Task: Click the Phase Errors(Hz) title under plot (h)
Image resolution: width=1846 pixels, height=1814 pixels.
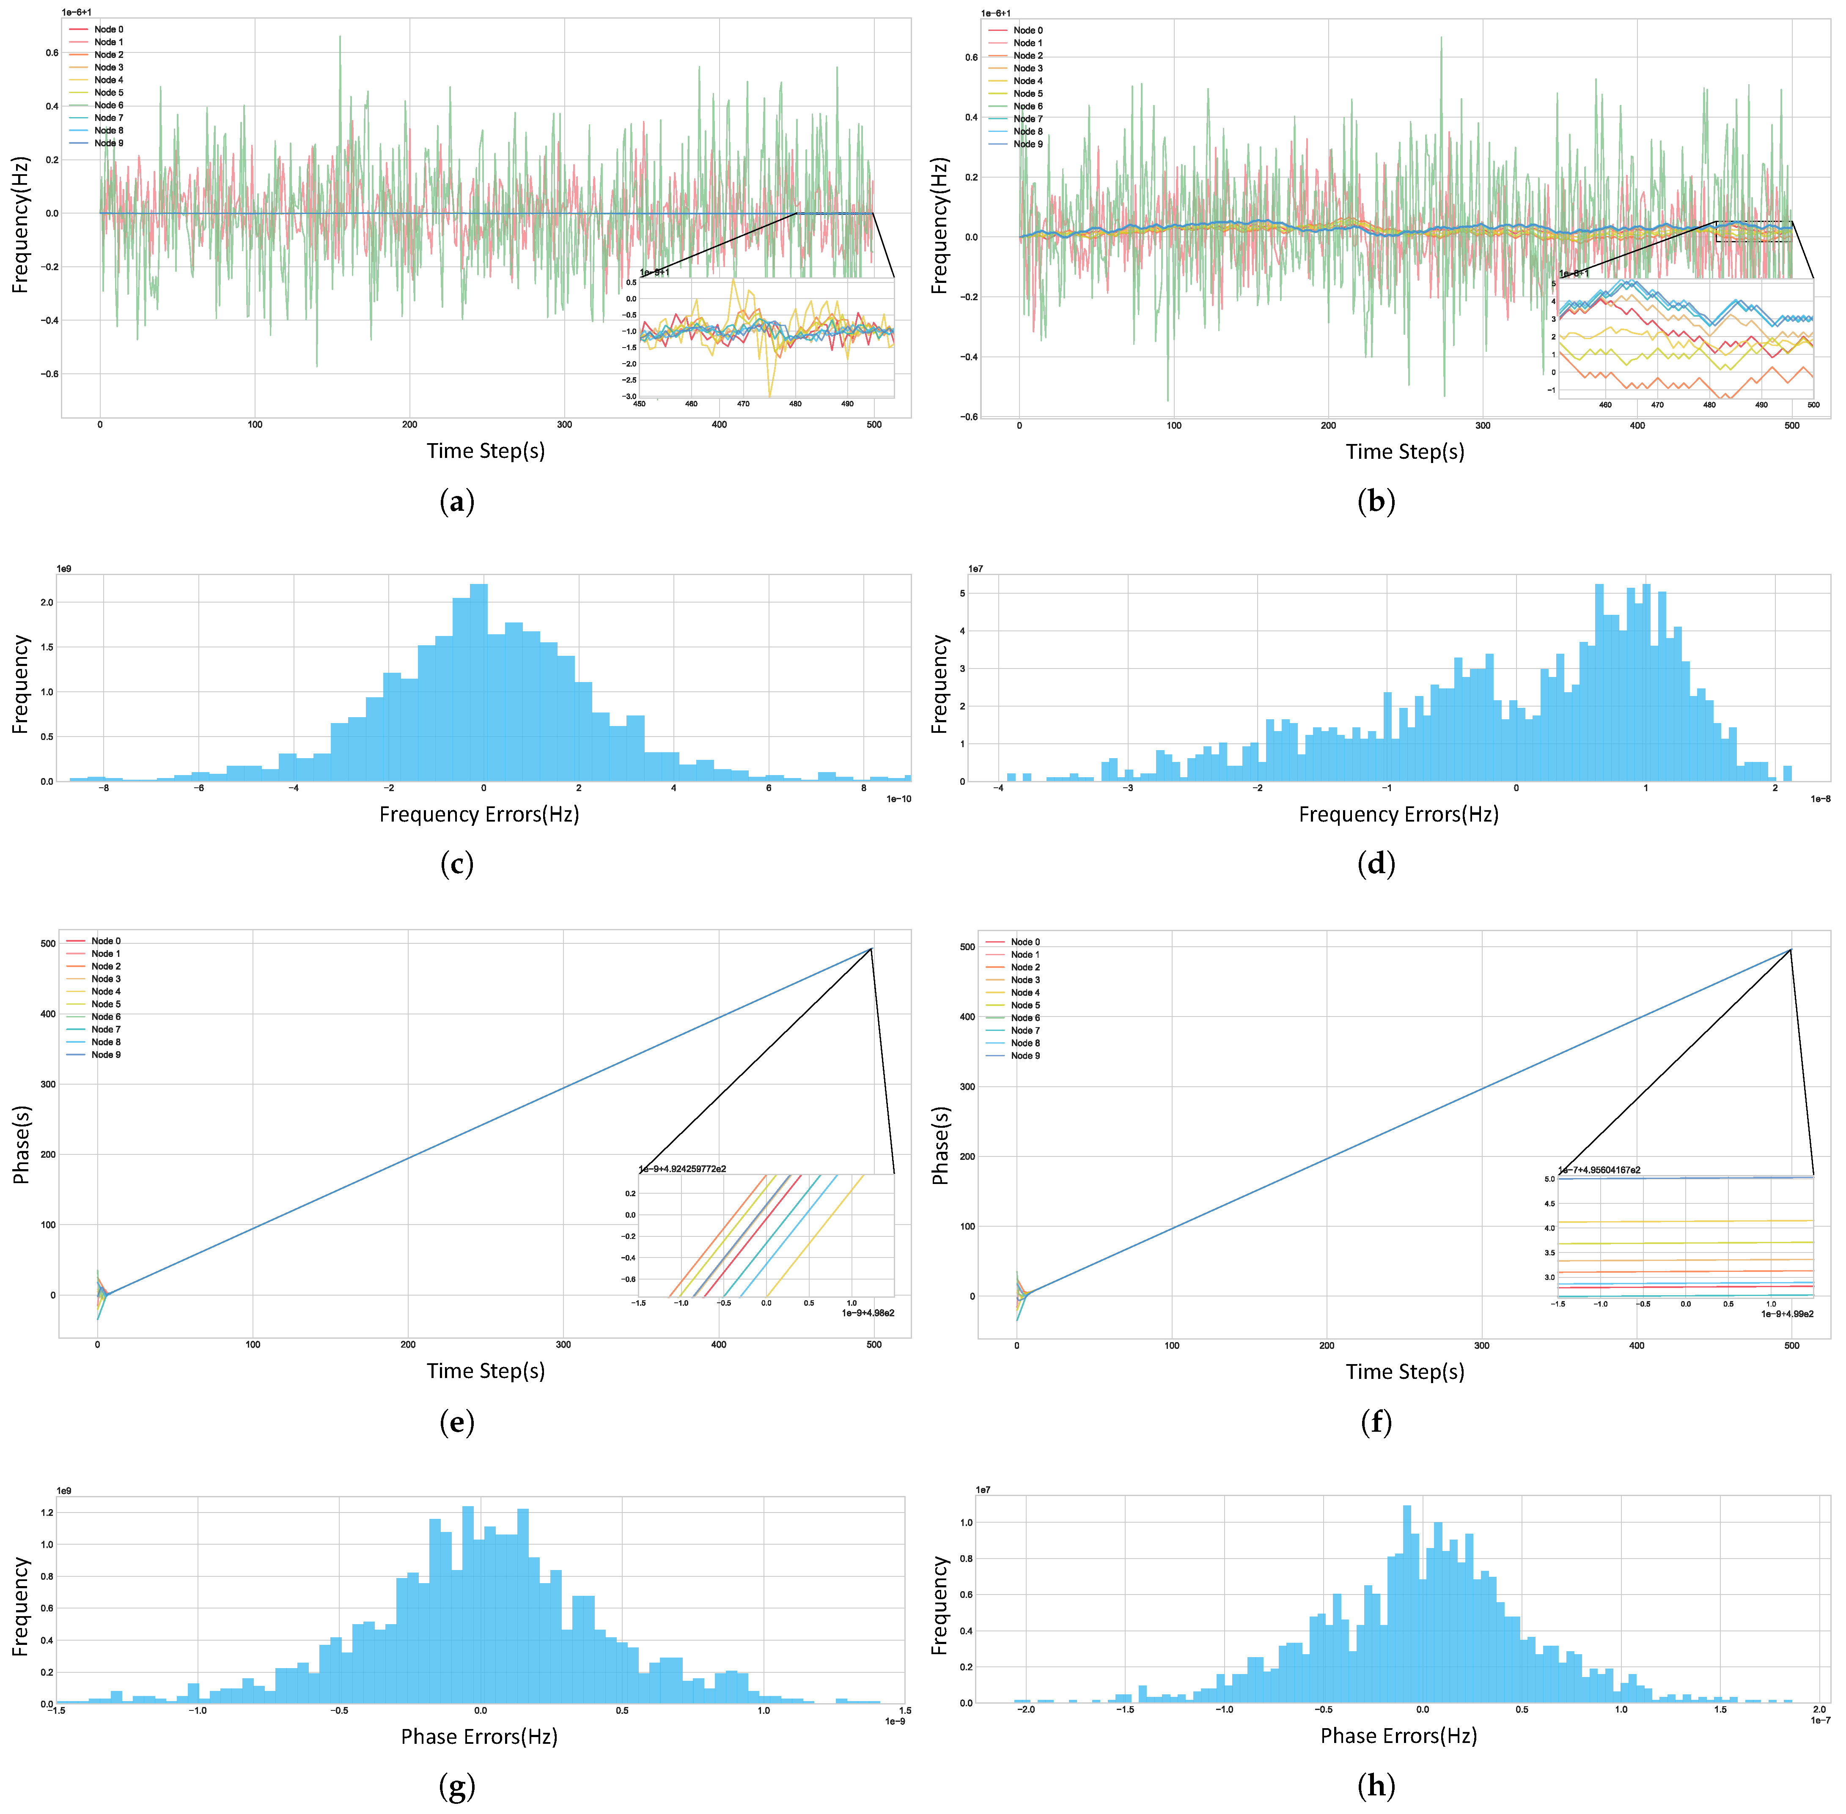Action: [x=1398, y=1736]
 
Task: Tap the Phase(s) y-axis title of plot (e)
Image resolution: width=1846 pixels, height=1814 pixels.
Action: [x=21, y=1144]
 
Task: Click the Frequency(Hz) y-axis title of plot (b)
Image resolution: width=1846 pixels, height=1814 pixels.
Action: [x=939, y=226]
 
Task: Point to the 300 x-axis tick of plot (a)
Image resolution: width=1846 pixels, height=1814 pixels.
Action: [x=564, y=425]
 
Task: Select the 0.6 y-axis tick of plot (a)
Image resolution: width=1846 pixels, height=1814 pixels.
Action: [x=52, y=52]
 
